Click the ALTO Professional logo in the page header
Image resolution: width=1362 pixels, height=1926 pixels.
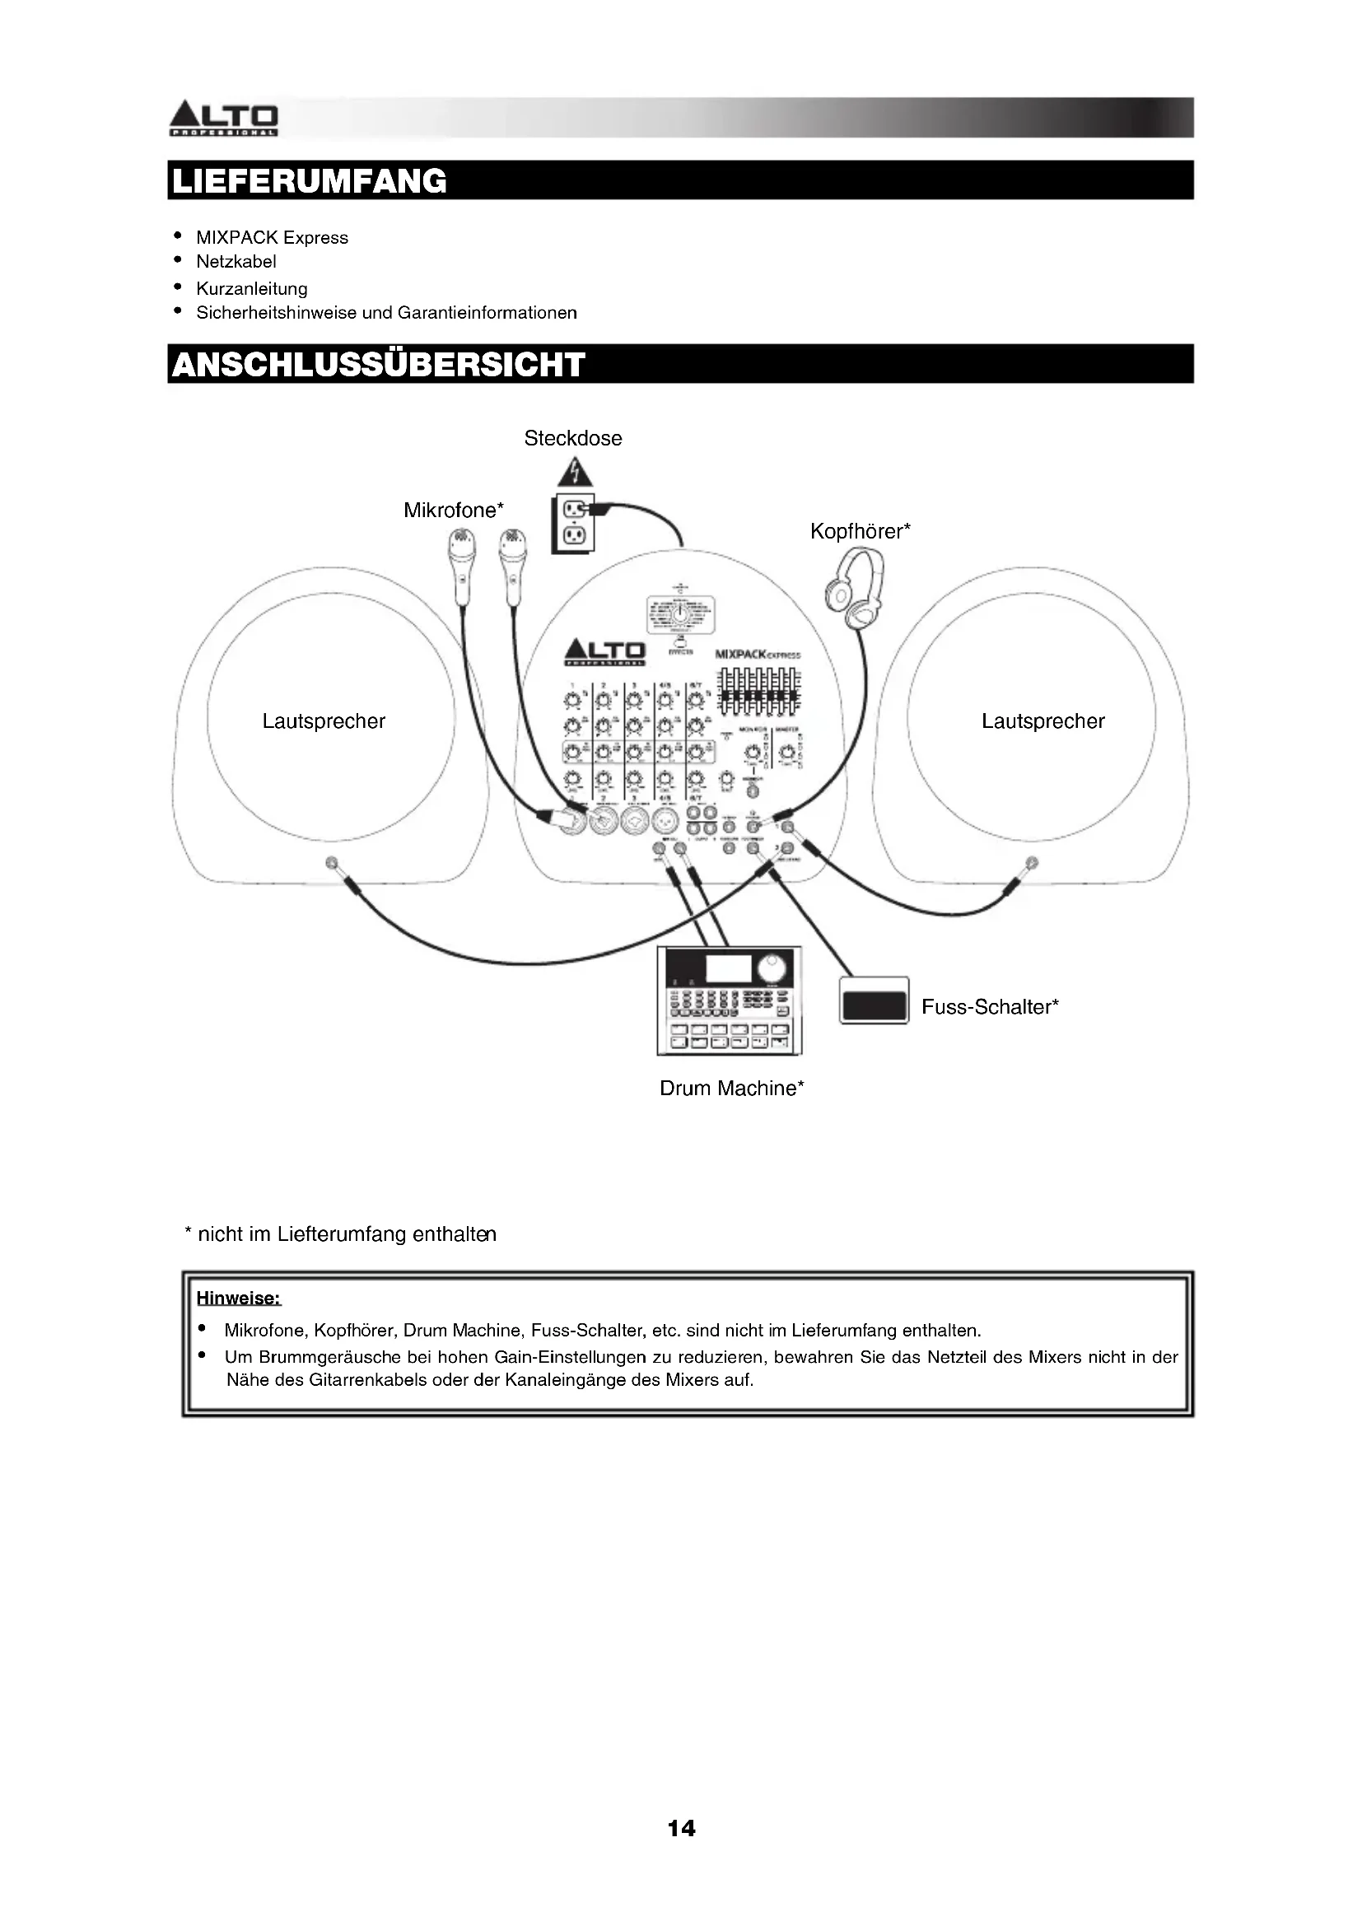pyautogui.click(x=224, y=119)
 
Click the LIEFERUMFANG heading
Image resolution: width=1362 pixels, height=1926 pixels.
pyautogui.click(x=310, y=180)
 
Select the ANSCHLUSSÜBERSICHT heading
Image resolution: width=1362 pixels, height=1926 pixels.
pyautogui.click(x=378, y=364)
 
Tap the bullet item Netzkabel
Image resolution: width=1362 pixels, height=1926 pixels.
pyautogui.click(x=236, y=262)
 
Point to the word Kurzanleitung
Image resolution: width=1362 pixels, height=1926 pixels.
pyautogui.click(x=252, y=288)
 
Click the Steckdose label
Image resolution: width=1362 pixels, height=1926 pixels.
pyautogui.click(x=573, y=438)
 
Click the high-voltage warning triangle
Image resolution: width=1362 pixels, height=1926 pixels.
pyautogui.click(x=575, y=473)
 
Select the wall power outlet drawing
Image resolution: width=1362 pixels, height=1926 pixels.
pyautogui.click(x=573, y=523)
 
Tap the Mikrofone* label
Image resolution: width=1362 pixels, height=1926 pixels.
pyautogui.click(x=454, y=510)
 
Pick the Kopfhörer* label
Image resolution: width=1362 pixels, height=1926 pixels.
pyautogui.click(x=860, y=531)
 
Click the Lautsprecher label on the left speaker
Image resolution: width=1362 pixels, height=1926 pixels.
pyautogui.click(x=324, y=721)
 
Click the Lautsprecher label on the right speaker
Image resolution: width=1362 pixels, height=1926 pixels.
pyautogui.click(x=1042, y=721)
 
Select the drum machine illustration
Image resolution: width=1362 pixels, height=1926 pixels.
pyautogui.click(x=729, y=1000)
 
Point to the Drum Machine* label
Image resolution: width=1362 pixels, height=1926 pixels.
pyautogui.click(x=731, y=1088)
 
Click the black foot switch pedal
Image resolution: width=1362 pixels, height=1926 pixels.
pyautogui.click(x=874, y=1003)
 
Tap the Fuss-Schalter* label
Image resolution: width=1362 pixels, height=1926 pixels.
pyautogui.click(x=990, y=1006)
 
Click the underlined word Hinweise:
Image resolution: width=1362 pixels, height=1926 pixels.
pyautogui.click(x=238, y=1299)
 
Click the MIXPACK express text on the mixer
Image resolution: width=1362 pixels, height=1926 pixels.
pyautogui.click(x=758, y=655)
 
